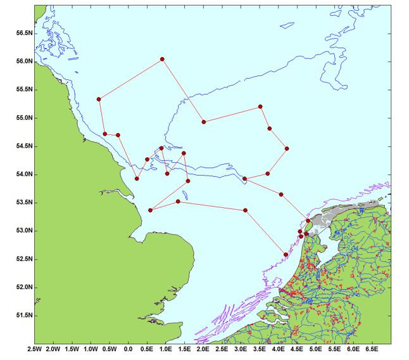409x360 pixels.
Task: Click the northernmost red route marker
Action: [163, 59]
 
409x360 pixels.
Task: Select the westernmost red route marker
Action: [99, 99]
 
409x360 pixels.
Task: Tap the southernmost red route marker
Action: [286, 255]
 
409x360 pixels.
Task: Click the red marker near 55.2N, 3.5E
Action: [260, 107]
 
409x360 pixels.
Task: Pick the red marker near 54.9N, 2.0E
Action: [204, 122]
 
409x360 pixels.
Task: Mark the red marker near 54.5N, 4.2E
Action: [287, 148]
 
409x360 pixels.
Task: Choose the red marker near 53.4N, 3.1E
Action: [245, 210]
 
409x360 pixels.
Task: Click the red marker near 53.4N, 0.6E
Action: [150, 210]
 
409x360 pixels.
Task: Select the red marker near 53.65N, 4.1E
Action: [281, 194]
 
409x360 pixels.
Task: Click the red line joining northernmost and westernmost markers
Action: [130, 79]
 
